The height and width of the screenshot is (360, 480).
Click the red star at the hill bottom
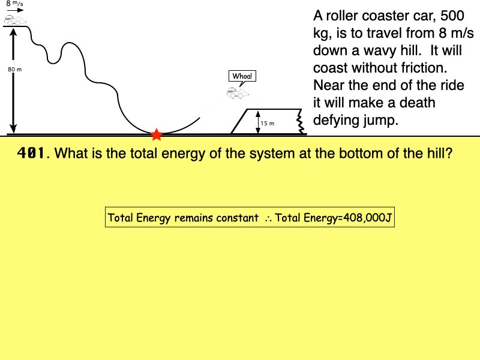pyautogui.click(x=157, y=134)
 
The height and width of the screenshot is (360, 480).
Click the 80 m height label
pyautogui.click(x=14, y=70)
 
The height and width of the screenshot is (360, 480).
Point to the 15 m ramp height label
pyautogui.click(x=267, y=123)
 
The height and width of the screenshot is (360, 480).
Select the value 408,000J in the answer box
pyautogui.click(x=366, y=218)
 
